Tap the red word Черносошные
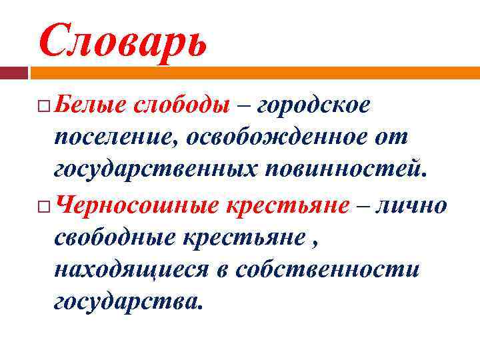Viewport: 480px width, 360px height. point(137,204)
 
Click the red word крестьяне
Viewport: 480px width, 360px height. point(287,204)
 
